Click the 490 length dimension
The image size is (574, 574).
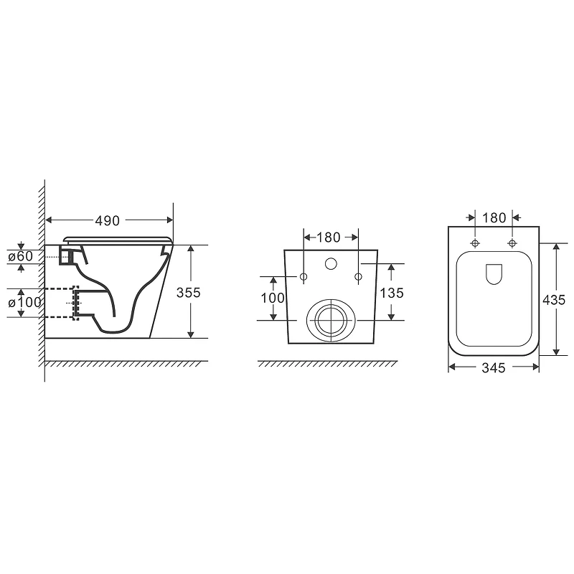(x=107, y=221)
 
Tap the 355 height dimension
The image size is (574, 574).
(x=189, y=293)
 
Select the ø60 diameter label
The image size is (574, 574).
(x=21, y=256)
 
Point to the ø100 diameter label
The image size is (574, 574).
(x=24, y=302)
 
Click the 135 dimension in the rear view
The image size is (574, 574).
(x=392, y=293)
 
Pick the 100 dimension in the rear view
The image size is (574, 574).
(x=273, y=298)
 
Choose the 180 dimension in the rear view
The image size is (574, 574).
(x=329, y=237)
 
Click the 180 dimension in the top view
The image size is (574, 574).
(x=494, y=218)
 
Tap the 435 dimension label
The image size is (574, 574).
(x=554, y=300)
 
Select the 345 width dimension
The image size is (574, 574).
(x=494, y=368)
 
